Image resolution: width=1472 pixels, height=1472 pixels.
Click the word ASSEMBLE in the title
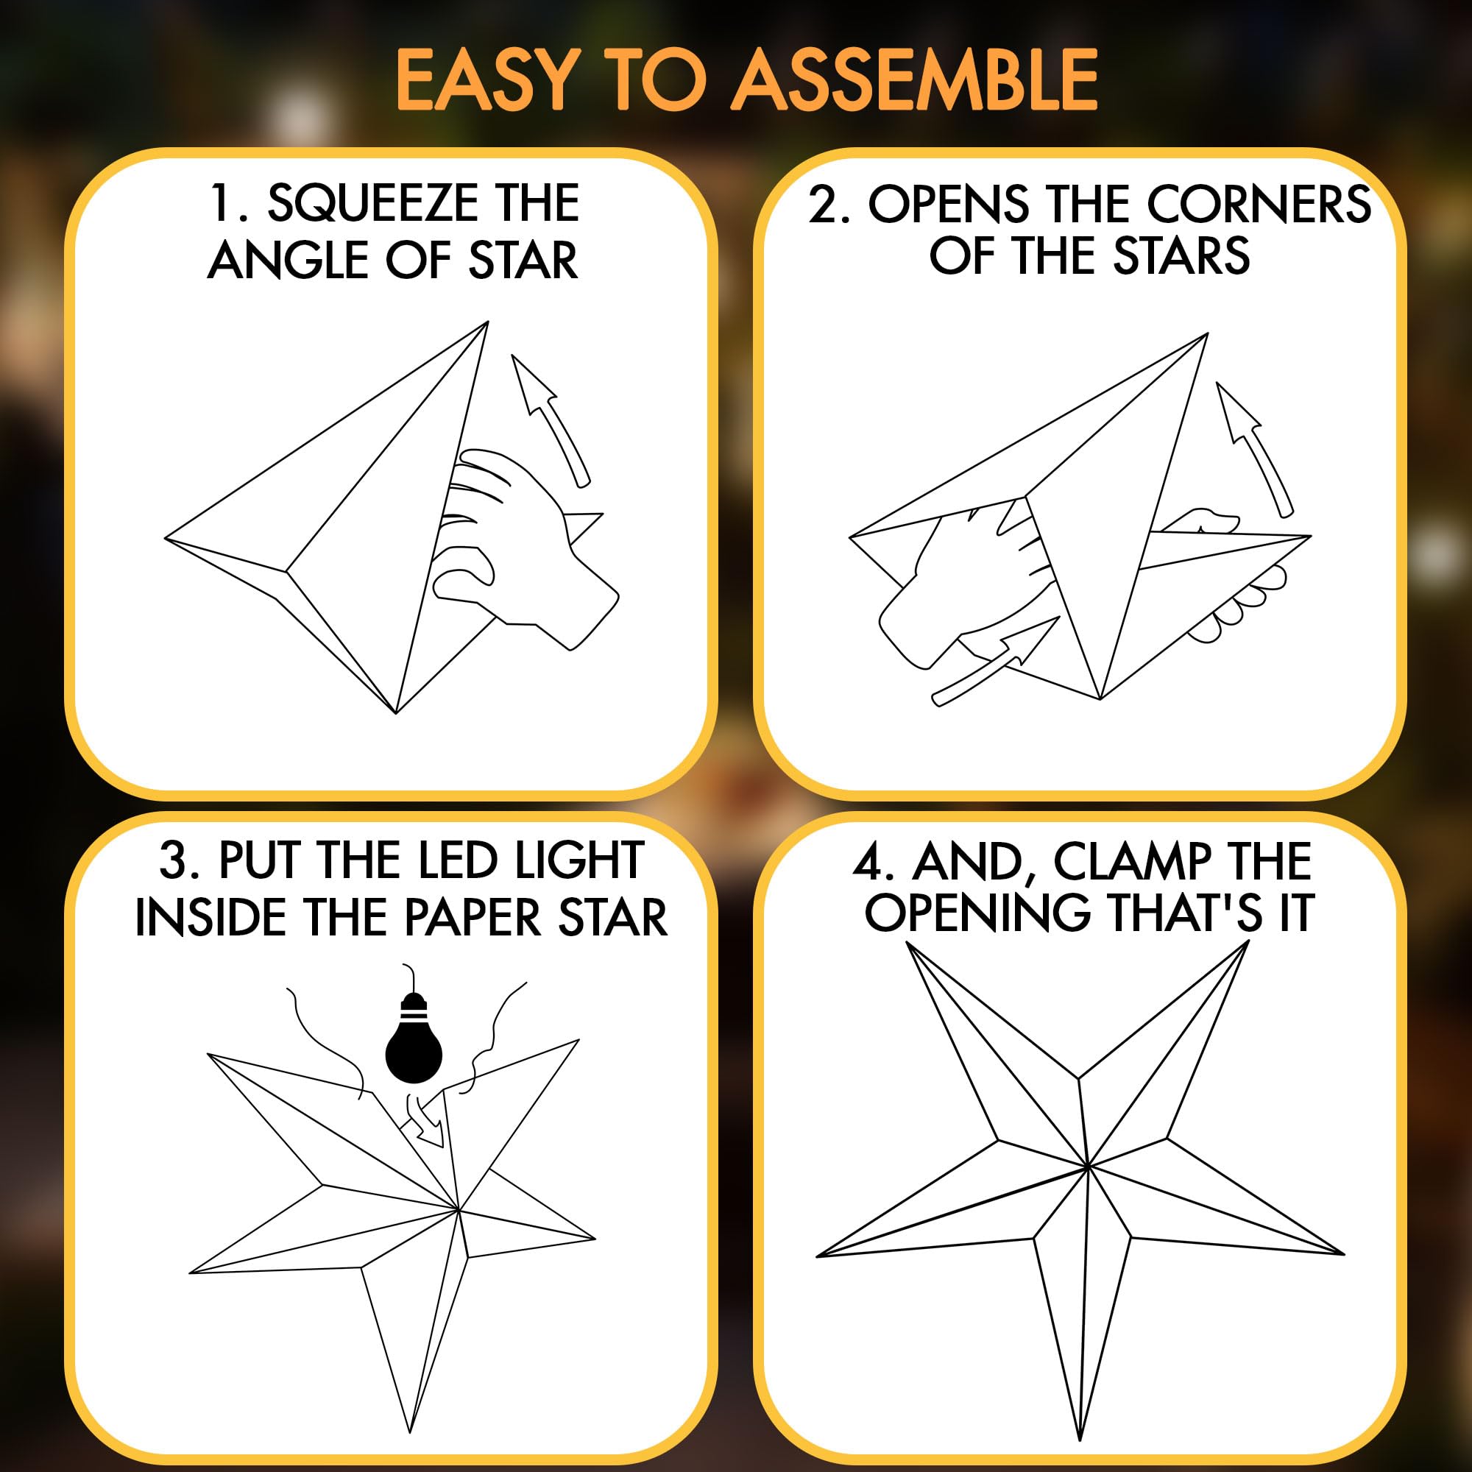914,79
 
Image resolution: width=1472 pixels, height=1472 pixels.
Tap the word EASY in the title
484,79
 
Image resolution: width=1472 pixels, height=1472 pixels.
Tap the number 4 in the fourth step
868,862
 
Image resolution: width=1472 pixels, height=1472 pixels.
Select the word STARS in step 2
1181,256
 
